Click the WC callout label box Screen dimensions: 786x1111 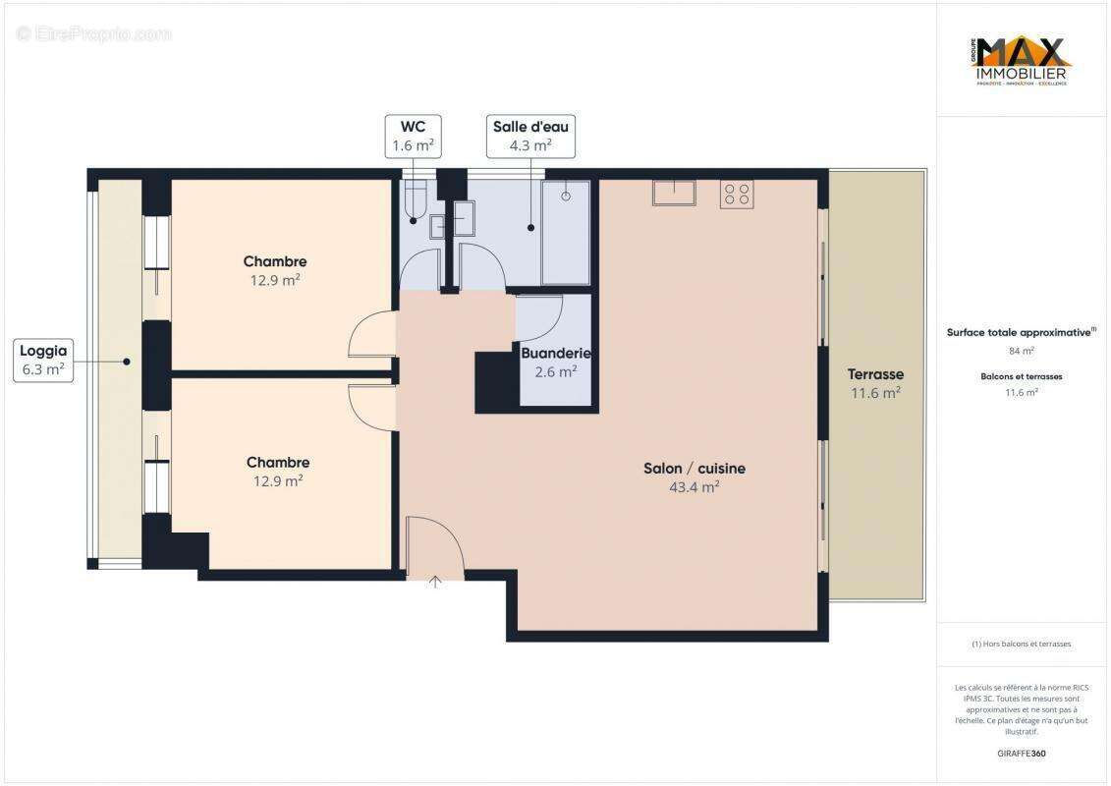pos(413,136)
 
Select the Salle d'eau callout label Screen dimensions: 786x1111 pos(529,136)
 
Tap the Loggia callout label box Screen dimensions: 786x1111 pos(43,360)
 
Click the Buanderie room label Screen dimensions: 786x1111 pos(556,354)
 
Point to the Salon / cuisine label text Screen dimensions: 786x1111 pos(694,469)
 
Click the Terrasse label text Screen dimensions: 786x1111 pos(875,374)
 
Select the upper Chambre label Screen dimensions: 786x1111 pos(275,261)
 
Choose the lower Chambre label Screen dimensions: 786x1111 pos(277,462)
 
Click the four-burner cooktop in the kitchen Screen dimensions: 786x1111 pos(737,195)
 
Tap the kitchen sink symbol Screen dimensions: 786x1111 pos(674,193)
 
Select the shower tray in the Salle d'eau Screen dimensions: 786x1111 pos(566,233)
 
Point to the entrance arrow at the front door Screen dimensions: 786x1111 pos(434,582)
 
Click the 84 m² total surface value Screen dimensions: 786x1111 pos(1022,351)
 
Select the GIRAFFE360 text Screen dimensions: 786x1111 pos(1022,754)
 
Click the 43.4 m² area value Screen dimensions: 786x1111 pos(694,486)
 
